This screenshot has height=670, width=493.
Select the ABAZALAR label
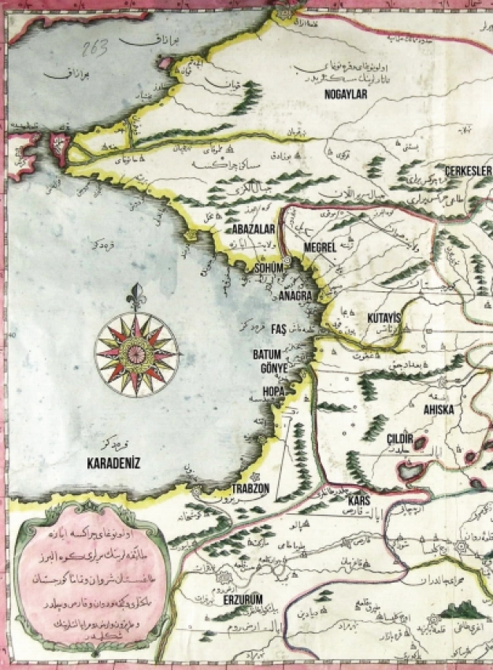pyautogui.click(x=252, y=228)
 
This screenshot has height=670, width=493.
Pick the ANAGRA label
pyautogui.click(x=295, y=295)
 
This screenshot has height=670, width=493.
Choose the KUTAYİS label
pyautogui.click(x=384, y=316)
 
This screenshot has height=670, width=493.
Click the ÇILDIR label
pyautogui.click(x=401, y=438)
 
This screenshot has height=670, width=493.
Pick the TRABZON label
pyautogui.click(x=250, y=488)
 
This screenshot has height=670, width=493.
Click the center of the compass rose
pyautogui.click(x=136, y=354)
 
